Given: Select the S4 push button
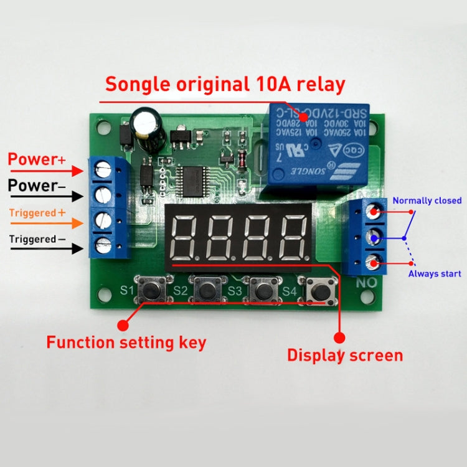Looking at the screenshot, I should point(318,289).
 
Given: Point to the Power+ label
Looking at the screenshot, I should point(37,159).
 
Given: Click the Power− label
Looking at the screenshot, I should point(37,186).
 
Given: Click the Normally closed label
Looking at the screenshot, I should point(427,200).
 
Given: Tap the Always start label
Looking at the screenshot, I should point(435,273).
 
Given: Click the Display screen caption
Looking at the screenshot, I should point(344,356).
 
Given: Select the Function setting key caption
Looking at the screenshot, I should point(126,342).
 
